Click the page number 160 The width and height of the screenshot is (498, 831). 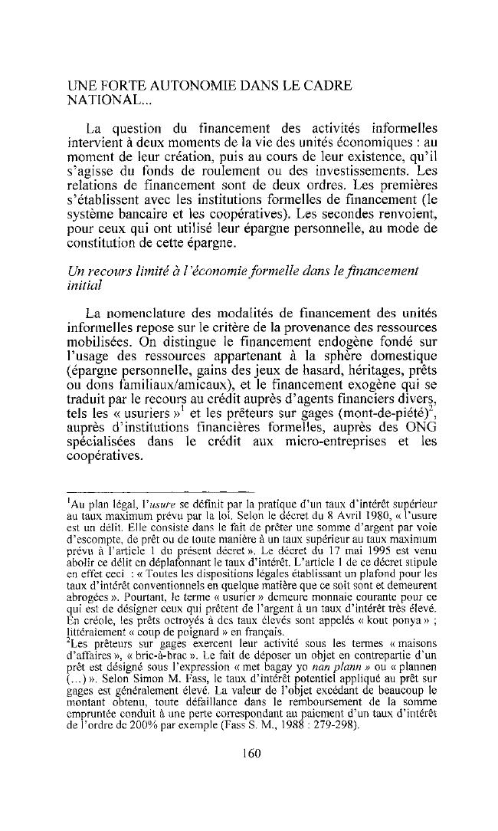(250, 731)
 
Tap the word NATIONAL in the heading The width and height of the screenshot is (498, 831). (101, 100)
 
